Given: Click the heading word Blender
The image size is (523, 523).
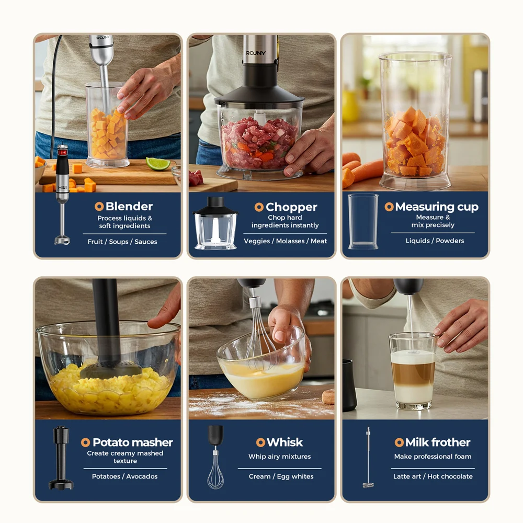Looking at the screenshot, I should [x=129, y=207].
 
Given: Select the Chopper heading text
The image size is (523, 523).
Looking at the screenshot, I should [x=291, y=207].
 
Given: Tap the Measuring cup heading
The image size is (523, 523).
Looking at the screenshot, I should [x=437, y=207].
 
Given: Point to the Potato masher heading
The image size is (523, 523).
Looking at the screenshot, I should [x=132, y=442].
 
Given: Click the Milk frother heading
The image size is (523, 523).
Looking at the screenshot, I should [x=438, y=442].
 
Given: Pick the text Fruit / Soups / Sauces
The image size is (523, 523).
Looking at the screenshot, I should [x=122, y=242].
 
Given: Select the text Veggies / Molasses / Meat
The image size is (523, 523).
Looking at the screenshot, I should [x=285, y=241].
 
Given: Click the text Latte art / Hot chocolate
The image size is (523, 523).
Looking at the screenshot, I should [x=433, y=476].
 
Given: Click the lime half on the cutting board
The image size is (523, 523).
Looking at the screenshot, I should [x=157, y=164].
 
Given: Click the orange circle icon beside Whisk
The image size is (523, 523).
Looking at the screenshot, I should [x=260, y=442].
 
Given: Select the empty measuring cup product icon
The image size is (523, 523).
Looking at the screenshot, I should [x=363, y=221].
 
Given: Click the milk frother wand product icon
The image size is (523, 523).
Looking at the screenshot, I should [x=368, y=457].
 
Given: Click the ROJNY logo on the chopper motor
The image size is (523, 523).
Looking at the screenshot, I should [x=257, y=53].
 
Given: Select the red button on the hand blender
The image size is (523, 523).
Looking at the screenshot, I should [x=62, y=153].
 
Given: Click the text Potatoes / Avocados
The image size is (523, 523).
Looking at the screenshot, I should [x=124, y=476].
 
